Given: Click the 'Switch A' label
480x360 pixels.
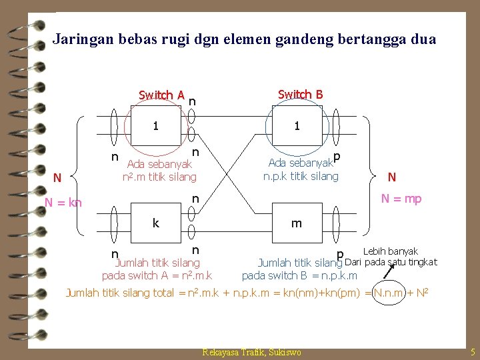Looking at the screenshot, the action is point(161,95).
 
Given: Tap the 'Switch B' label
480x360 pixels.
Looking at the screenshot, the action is point(300,94).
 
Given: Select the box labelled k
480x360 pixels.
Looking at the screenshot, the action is point(155,223).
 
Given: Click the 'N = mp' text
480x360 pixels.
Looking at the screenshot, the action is point(401,199).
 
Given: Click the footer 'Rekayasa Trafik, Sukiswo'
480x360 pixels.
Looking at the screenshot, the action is point(251,352).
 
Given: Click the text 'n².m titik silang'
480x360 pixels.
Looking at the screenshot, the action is point(159,177).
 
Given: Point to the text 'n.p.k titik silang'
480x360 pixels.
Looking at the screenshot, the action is point(301,177).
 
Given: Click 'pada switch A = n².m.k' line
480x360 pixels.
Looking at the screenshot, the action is point(157,275).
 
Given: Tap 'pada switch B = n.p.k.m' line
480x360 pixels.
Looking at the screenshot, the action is point(299,275).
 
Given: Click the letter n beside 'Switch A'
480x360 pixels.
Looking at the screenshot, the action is point(192,101).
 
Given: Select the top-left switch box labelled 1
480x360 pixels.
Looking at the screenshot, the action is point(155,125).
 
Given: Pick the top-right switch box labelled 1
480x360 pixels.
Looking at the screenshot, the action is point(297,125).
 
